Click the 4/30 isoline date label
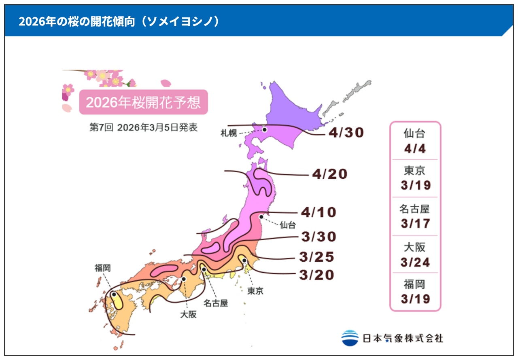click(x=347, y=133)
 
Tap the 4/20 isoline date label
click(x=330, y=174)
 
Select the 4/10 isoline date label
click(x=318, y=212)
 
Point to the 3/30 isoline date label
click(x=319, y=237)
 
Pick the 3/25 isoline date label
click(x=316, y=257)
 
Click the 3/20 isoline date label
click(x=316, y=275)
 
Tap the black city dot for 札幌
click(x=264, y=129)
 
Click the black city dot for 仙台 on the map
click(x=261, y=216)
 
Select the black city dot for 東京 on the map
click(x=244, y=260)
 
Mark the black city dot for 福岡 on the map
click(x=114, y=294)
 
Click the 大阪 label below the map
click(x=188, y=314)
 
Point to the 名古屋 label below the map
click(x=215, y=303)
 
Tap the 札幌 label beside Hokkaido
click(x=229, y=133)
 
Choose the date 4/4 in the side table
click(x=415, y=148)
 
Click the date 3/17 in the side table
click(x=415, y=224)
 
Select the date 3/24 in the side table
click(x=415, y=262)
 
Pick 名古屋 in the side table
click(x=415, y=209)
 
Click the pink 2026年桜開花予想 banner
click(x=143, y=102)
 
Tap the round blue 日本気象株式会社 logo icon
click(x=350, y=338)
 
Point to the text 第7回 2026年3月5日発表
click(x=143, y=127)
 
